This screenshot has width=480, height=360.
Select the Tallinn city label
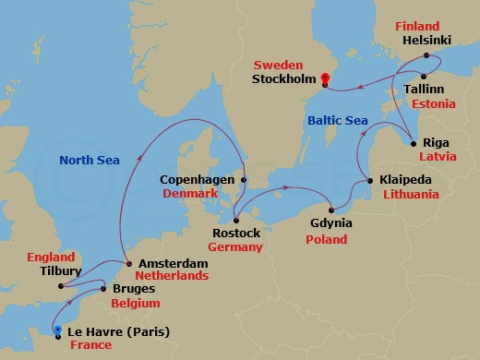tap(426, 89)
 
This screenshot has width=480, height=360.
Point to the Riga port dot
tap(414, 142)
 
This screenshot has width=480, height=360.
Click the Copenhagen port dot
tap(244, 179)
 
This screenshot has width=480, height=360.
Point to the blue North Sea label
tap(90, 160)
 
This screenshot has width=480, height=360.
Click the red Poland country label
tap(326, 239)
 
